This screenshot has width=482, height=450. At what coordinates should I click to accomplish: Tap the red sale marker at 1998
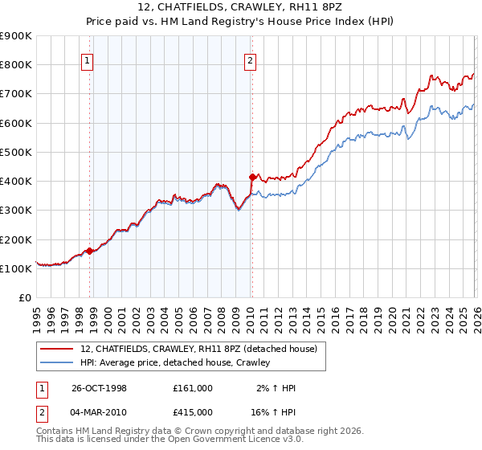89,251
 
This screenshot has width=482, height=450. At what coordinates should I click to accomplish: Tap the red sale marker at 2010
252,177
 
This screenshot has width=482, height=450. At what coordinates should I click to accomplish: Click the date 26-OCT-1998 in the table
100,388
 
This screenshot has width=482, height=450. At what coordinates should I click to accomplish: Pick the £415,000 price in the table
193,411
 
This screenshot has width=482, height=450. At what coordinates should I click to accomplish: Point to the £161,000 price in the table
193,388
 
